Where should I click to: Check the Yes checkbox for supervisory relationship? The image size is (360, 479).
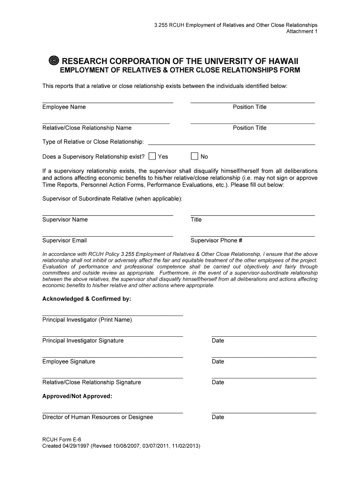(152, 156)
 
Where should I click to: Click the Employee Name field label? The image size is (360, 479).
(64, 107)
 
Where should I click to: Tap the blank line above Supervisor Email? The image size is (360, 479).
(108, 236)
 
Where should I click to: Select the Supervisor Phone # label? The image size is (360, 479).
(216, 240)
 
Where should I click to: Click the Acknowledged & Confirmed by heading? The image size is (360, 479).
(87, 298)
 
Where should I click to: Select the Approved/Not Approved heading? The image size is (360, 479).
(77, 396)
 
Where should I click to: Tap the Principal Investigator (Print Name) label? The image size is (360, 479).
(87, 320)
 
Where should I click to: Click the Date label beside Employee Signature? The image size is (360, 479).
(218, 362)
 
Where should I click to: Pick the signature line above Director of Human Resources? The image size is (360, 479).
(112, 413)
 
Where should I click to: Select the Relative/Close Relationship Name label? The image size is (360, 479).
(87, 128)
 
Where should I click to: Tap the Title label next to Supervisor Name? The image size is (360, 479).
(196, 220)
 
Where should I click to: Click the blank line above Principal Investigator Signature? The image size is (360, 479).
(112, 336)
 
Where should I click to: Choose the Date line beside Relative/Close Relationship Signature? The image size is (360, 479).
(264, 377)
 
